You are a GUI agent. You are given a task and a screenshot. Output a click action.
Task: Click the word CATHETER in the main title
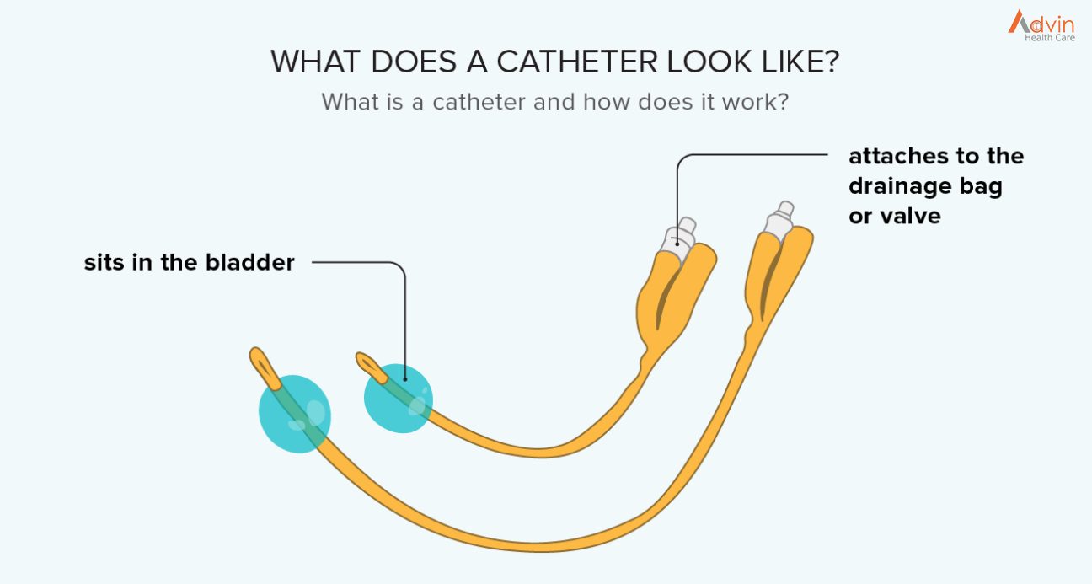click(x=577, y=62)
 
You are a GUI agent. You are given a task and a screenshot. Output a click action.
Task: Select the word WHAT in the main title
click(x=315, y=62)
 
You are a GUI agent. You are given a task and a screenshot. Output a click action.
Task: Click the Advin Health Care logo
click(x=1041, y=26)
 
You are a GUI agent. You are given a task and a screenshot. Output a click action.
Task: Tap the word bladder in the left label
click(x=250, y=262)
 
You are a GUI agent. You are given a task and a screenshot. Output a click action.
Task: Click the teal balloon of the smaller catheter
click(x=398, y=399)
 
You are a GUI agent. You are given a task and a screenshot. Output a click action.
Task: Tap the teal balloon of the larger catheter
click(x=294, y=414)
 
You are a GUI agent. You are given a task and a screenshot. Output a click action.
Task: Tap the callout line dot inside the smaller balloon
click(x=405, y=379)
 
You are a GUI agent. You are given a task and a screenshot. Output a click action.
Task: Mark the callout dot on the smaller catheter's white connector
click(x=677, y=244)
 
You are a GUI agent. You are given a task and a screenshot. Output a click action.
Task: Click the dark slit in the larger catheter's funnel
click(x=768, y=283)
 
